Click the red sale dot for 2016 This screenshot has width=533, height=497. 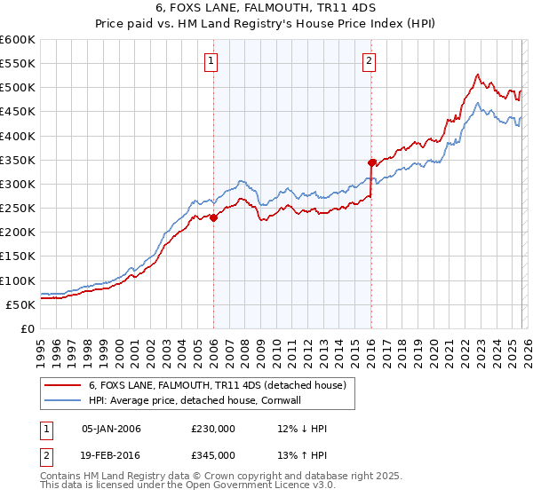pos(372,162)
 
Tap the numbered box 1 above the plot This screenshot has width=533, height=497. pos(212,61)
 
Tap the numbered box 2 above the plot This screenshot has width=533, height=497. pos(369,61)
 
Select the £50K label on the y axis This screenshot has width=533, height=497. pos(21,304)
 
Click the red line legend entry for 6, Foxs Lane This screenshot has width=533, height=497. pos(222,384)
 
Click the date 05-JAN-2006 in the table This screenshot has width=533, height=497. pos(111,429)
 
